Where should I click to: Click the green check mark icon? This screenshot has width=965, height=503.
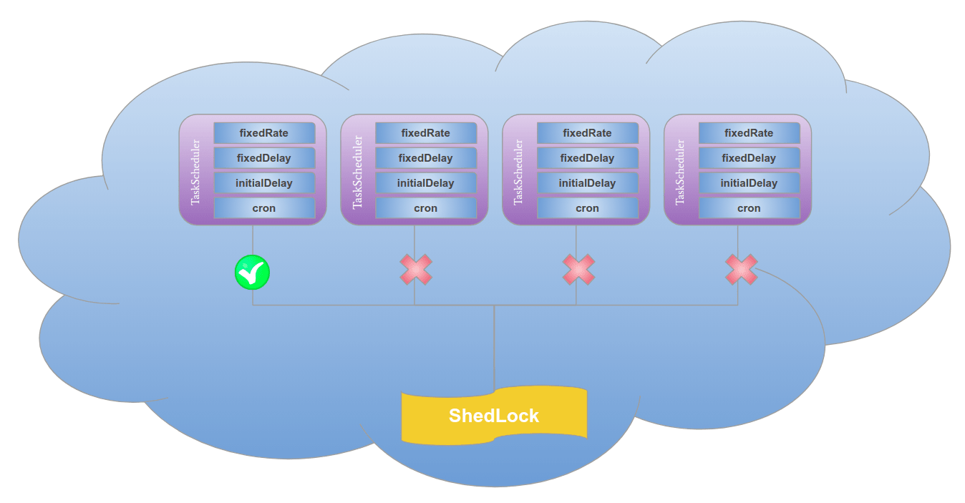click(252, 273)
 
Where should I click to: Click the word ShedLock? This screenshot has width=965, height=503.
click(494, 416)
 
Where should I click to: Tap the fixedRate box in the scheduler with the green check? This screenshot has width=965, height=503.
click(264, 133)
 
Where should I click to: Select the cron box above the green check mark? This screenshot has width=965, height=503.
click(264, 208)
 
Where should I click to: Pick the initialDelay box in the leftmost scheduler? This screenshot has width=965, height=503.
click(264, 183)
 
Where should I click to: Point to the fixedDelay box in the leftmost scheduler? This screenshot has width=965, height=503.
click(264, 158)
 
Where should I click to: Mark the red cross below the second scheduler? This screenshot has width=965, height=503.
click(416, 270)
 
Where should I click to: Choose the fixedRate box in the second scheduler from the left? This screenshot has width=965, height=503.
click(426, 133)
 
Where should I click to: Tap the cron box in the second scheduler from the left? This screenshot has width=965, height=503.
click(426, 208)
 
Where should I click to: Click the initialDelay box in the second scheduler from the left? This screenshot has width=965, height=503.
click(426, 183)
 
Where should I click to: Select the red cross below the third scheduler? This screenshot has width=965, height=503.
click(578, 270)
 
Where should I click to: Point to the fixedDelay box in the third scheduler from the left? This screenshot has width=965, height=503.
click(588, 158)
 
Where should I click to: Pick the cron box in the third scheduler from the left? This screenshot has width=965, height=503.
click(588, 208)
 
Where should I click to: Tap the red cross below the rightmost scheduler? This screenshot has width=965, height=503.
click(741, 270)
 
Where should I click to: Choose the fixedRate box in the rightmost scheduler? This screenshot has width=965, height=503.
click(750, 133)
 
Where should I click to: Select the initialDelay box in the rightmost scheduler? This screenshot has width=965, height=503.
click(750, 183)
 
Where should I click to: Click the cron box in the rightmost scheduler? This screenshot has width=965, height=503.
click(750, 208)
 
